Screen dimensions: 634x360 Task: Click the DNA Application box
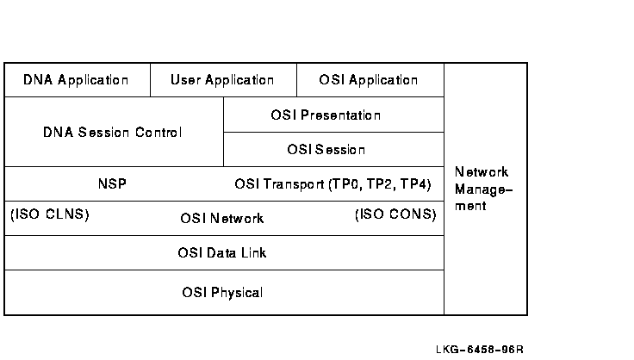[x=78, y=80]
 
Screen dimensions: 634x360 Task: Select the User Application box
[x=223, y=80]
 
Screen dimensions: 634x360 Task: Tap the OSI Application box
[x=370, y=80]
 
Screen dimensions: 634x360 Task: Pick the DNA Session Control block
[x=114, y=132]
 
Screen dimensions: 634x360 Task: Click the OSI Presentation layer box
[x=333, y=115]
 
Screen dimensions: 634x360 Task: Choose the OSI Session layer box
[x=333, y=150]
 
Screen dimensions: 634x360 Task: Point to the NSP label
[x=112, y=184]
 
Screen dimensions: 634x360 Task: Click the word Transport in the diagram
[x=294, y=184]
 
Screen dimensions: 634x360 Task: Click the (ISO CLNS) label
[x=50, y=214]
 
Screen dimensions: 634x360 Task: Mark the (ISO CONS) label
[x=395, y=214]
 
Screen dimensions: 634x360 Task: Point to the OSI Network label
[x=222, y=219]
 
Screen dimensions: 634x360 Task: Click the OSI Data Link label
[x=222, y=253]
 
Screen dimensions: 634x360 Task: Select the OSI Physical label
[x=222, y=292]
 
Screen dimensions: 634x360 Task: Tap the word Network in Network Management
[x=482, y=172]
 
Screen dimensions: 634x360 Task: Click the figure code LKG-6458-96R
[x=480, y=350]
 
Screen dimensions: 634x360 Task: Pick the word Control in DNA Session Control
[x=158, y=133]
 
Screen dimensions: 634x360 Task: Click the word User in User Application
[x=185, y=80]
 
